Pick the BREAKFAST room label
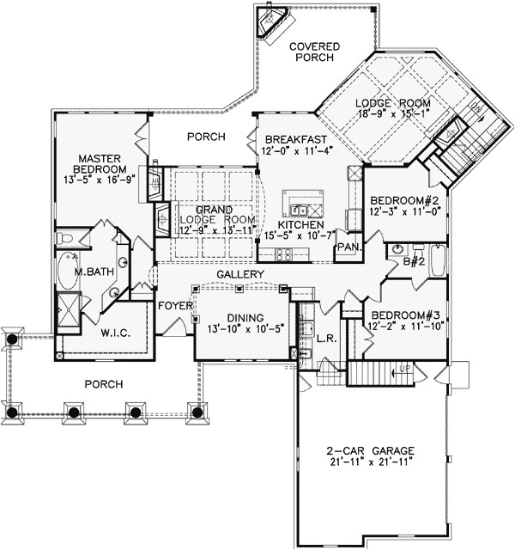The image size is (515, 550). [x=294, y=140]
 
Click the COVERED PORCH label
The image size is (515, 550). [x=315, y=52]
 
